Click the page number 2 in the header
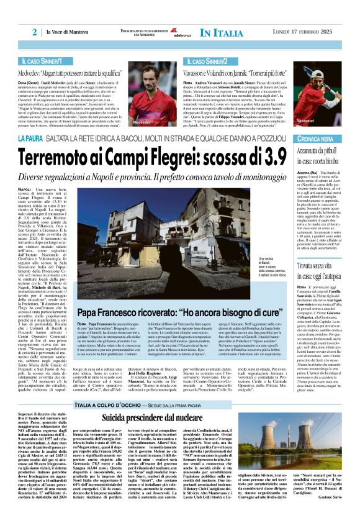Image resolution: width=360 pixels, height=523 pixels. (35, 32)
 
